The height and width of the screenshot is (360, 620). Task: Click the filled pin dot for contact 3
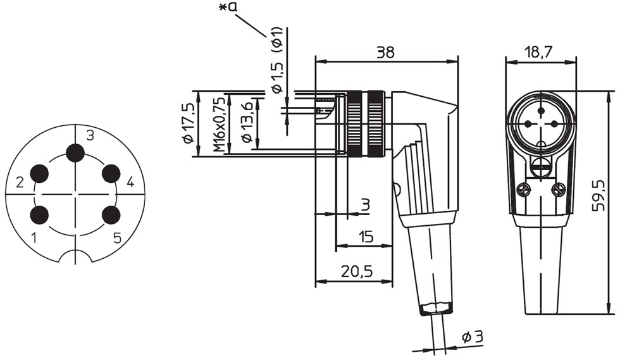75,153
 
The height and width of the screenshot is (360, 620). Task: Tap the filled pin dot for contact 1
39,215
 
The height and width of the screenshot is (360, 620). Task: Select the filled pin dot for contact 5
111,215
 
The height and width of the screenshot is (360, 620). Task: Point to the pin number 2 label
20,182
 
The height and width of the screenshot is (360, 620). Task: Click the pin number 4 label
130,182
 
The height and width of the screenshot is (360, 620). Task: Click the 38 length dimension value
385,53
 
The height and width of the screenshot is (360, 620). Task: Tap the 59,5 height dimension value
598,196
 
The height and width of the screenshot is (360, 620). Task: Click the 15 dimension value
366,237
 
